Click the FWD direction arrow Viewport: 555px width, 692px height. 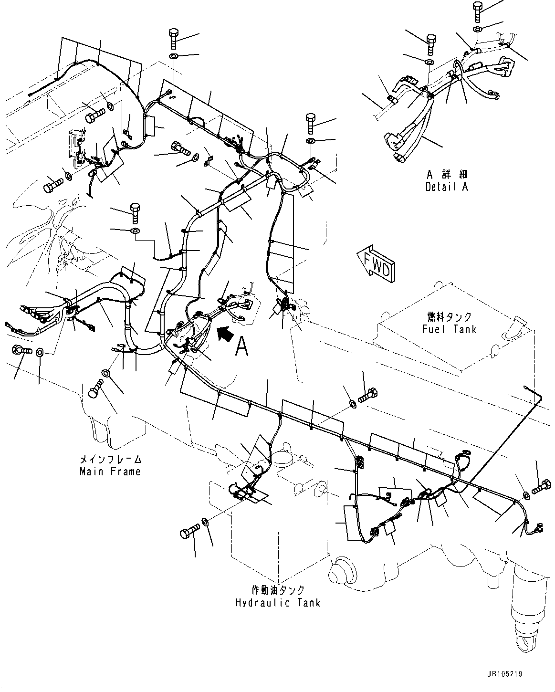click(375, 264)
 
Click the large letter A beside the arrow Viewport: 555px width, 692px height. click(242, 346)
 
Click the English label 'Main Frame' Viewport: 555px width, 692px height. click(110, 472)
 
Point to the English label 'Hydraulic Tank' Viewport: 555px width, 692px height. click(278, 602)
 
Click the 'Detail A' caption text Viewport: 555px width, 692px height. click(446, 187)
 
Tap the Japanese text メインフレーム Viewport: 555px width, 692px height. click(110, 460)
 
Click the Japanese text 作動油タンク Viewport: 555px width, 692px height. click(278, 590)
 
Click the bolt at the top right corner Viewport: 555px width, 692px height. click(478, 11)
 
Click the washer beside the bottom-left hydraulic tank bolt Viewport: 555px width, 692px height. click(205, 521)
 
